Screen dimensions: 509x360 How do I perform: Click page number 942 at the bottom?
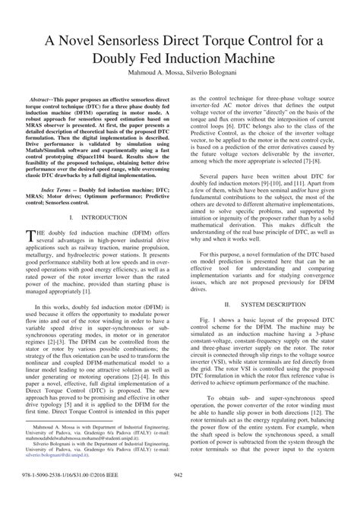(x=179, y=498)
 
